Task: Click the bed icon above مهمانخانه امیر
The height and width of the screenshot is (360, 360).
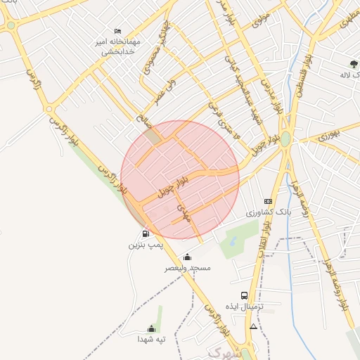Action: [x=118, y=31]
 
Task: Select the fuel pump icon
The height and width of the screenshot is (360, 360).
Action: [x=146, y=234]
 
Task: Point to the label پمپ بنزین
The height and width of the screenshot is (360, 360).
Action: [x=146, y=245]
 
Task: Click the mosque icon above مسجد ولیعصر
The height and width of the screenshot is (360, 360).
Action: [x=187, y=257]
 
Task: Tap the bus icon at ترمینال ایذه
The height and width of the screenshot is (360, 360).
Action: [x=244, y=296]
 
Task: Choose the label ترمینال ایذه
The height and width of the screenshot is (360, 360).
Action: [x=244, y=307]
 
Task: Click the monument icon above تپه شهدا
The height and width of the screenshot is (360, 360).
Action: [x=151, y=328]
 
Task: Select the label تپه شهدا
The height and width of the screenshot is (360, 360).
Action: [x=151, y=339]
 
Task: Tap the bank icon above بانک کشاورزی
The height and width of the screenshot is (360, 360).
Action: [x=267, y=201]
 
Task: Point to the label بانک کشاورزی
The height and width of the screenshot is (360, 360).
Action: [x=268, y=212]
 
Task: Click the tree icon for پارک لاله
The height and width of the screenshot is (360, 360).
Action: [x=343, y=64]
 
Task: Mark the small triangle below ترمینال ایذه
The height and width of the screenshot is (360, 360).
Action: [x=253, y=327]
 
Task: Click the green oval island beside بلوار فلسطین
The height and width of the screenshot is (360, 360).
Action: [x=285, y=139]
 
